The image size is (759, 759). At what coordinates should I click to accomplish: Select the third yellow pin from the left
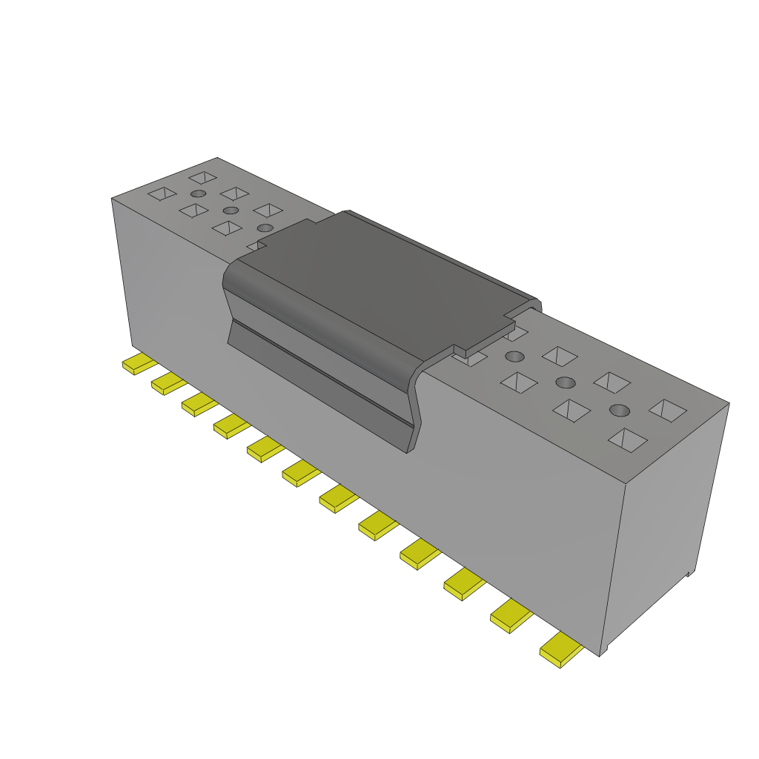click(199, 405)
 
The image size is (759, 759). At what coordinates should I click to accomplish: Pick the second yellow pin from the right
click(511, 617)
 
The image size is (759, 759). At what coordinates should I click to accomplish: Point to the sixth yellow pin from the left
click(300, 473)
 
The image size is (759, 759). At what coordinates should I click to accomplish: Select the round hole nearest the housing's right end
click(620, 410)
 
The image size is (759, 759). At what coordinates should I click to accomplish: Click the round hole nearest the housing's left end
click(199, 194)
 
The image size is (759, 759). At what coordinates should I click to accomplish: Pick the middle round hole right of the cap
click(566, 382)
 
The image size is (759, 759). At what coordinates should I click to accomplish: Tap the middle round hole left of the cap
click(231, 211)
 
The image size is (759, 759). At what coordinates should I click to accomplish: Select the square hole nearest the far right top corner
click(669, 411)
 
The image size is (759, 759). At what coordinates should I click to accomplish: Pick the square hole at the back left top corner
click(202, 177)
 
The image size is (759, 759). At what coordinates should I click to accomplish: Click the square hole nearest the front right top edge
click(627, 440)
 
